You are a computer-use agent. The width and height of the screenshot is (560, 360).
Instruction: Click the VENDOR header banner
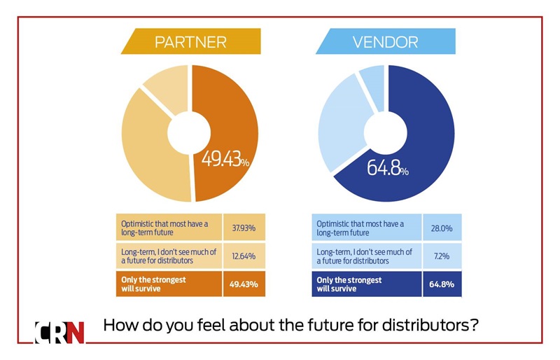pos(385,42)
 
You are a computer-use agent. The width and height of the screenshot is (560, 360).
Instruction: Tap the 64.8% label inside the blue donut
pos(388,169)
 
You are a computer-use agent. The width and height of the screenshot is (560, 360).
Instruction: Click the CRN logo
pos(59,332)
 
